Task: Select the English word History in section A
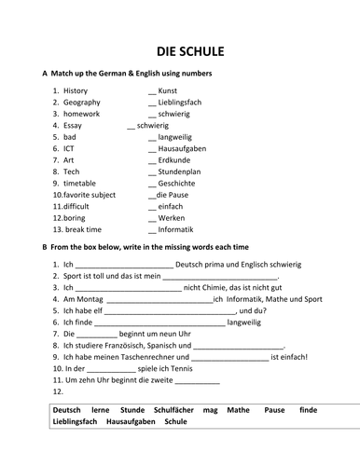[76, 90]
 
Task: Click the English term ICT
[70, 148]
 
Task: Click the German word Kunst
[168, 90]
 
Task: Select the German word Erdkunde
[174, 159]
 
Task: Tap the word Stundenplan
[181, 171]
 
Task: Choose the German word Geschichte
[178, 183]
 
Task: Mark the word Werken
[172, 217]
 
